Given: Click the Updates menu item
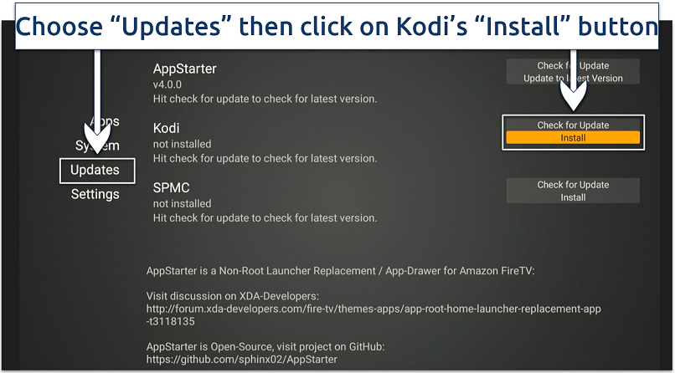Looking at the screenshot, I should coord(95,170).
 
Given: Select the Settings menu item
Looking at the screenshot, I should coord(95,194).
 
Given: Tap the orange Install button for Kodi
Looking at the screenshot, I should coord(573,138).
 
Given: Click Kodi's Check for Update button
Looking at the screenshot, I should coord(573,125).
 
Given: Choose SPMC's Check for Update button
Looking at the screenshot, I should coord(573,184).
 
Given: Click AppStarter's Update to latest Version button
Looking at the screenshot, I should coord(573,78).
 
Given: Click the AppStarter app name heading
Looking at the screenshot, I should coord(184,69).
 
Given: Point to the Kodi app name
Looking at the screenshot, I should coord(166,128).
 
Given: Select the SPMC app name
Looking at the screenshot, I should coord(171,187).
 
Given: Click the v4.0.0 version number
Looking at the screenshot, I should coord(167,84).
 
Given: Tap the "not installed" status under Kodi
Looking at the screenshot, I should coord(182,144).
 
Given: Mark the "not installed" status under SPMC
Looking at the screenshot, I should coord(182,203).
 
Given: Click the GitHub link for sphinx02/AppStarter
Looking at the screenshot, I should coord(241,359).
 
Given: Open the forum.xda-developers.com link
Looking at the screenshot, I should coord(373,309).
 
